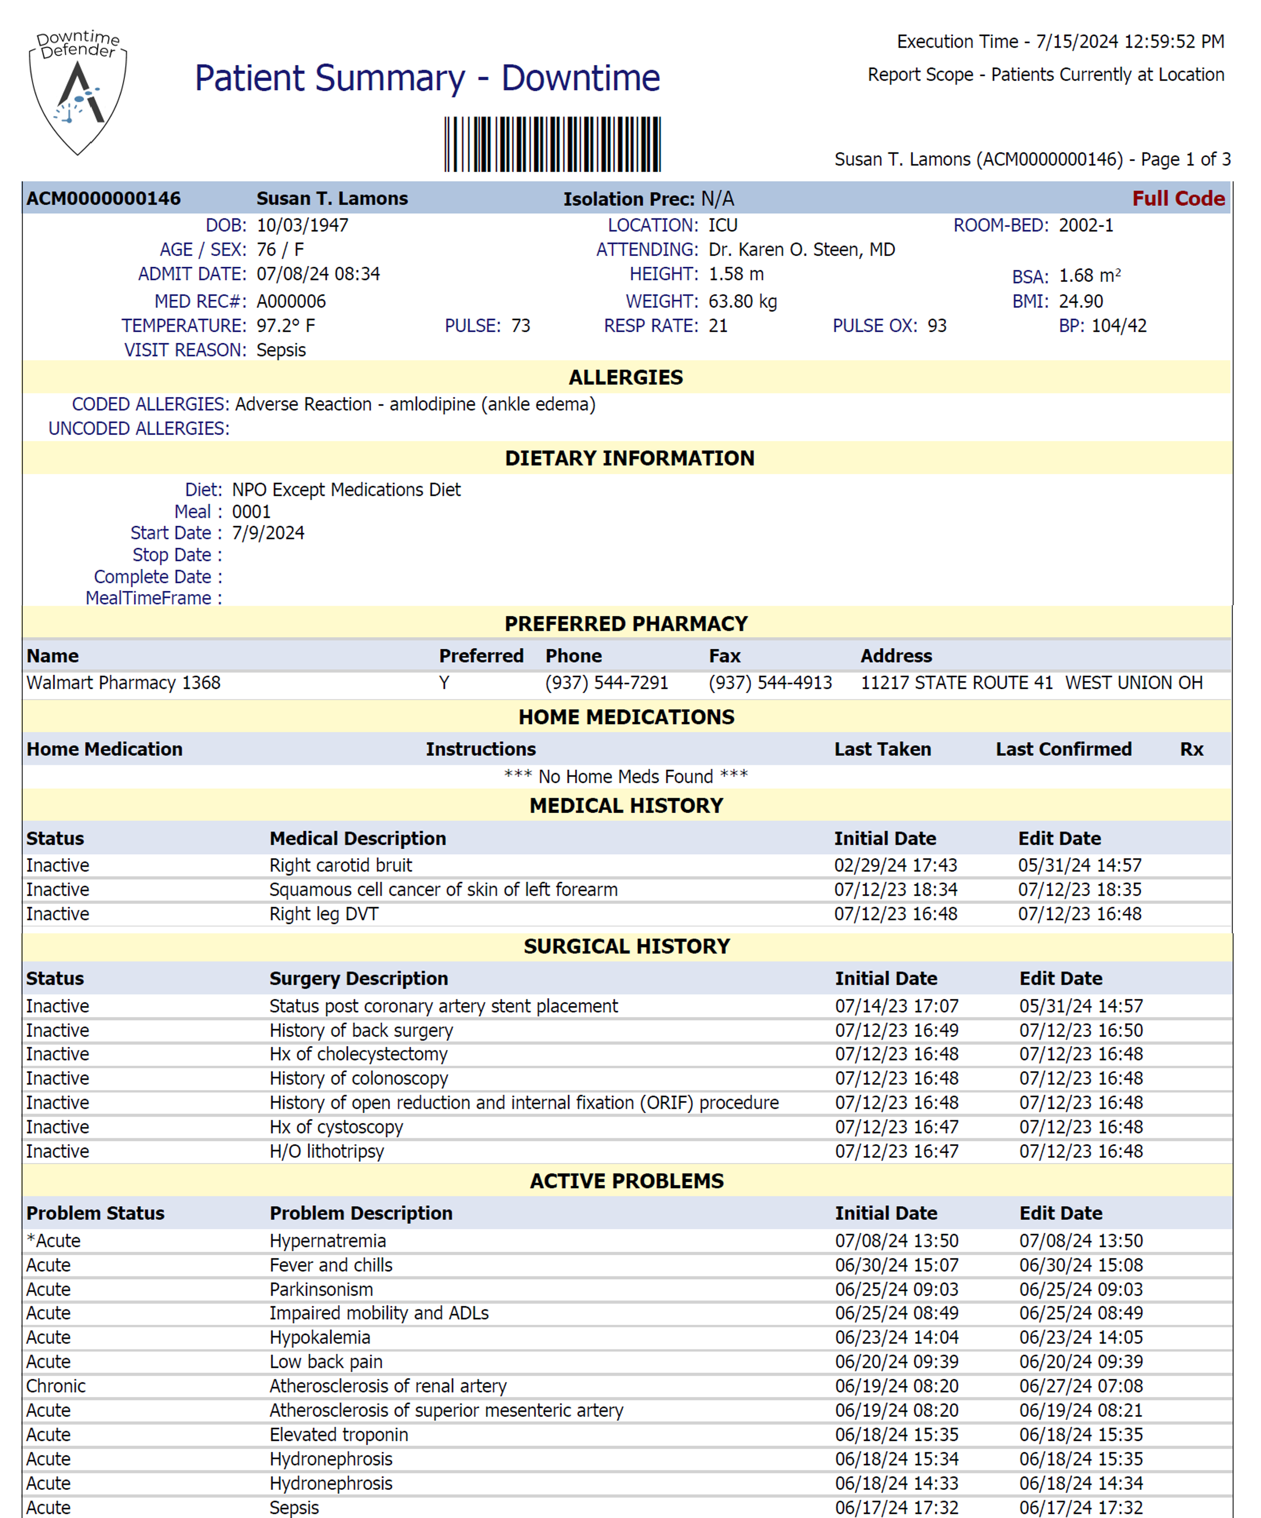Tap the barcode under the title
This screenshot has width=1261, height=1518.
click(x=552, y=144)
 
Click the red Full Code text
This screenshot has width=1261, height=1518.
click(x=1178, y=198)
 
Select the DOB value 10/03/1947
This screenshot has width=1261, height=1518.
click(x=302, y=225)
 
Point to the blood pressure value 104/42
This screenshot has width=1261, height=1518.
click(x=1119, y=326)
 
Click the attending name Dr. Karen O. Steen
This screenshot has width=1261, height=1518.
click(x=801, y=250)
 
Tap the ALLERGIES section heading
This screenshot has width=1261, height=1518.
click(x=626, y=377)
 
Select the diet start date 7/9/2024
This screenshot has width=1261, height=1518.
click(x=268, y=533)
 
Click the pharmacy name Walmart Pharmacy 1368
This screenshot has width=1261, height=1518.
click(x=124, y=683)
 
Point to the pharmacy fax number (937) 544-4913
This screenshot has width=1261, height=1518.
click(x=770, y=683)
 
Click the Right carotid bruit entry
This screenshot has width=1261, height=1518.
click(x=341, y=866)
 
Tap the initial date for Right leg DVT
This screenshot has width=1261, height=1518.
click(x=896, y=915)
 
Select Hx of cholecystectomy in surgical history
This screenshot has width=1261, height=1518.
click(x=358, y=1054)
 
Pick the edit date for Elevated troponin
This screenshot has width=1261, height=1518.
click(x=1081, y=1435)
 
